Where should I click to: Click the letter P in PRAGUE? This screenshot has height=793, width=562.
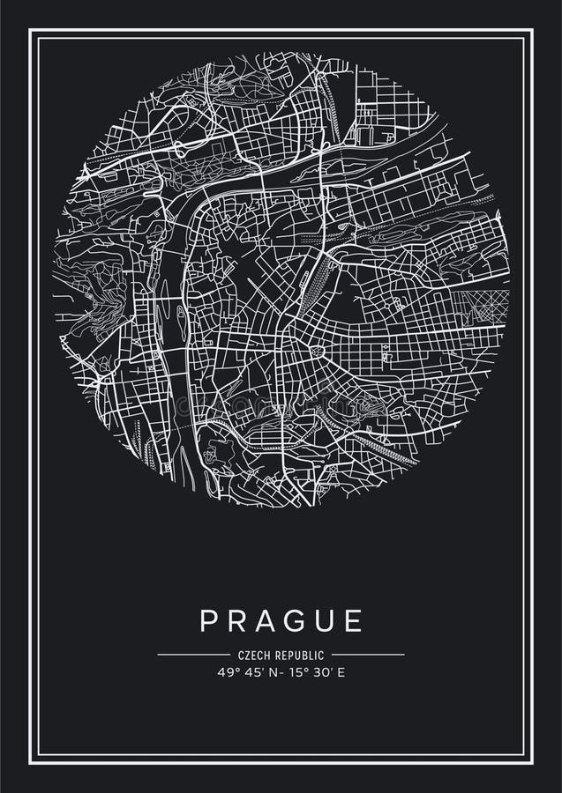click(x=209, y=620)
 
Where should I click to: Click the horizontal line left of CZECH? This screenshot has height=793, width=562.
click(x=193, y=655)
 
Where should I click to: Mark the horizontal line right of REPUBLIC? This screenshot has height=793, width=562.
click(x=368, y=655)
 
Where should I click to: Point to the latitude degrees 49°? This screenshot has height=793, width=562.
click(x=228, y=672)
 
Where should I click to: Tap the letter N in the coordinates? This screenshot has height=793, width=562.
click(x=266, y=672)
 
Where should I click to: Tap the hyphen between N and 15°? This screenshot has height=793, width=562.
click(x=275, y=672)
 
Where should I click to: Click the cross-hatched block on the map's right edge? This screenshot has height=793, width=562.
click(x=481, y=308)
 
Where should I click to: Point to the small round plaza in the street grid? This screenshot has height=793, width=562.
click(x=317, y=352)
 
